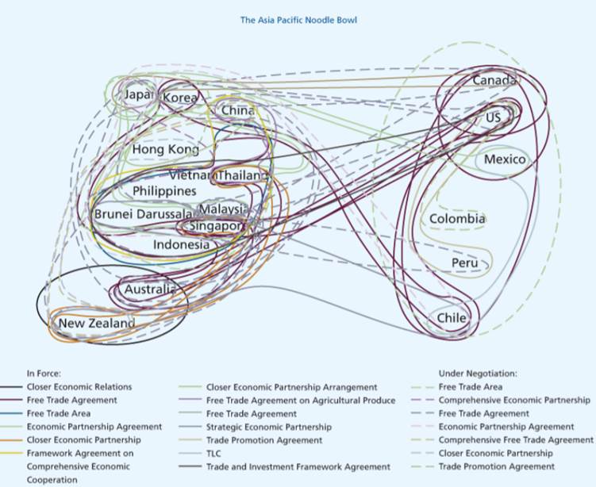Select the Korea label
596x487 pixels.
tap(180, 98)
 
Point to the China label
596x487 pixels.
tap(238, 110)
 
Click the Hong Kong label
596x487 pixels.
tap(166, 149)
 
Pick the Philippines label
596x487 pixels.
tap(164, 191)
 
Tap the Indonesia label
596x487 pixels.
tap(181, 244)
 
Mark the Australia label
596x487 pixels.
tap(149, 290)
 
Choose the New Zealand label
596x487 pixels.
tap(97, 324)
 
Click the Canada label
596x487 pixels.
tap(494, 80)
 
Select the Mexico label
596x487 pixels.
tap(505, 159)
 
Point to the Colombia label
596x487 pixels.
tap(457, 219)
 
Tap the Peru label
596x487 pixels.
tap(465, 263)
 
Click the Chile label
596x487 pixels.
tap(452, 318)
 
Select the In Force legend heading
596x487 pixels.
tap(44, 372)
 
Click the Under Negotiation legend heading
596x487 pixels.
tap(478, 372)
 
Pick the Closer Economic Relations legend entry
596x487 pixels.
tap(79, 387)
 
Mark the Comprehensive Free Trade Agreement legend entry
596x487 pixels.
tap(516, 440)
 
